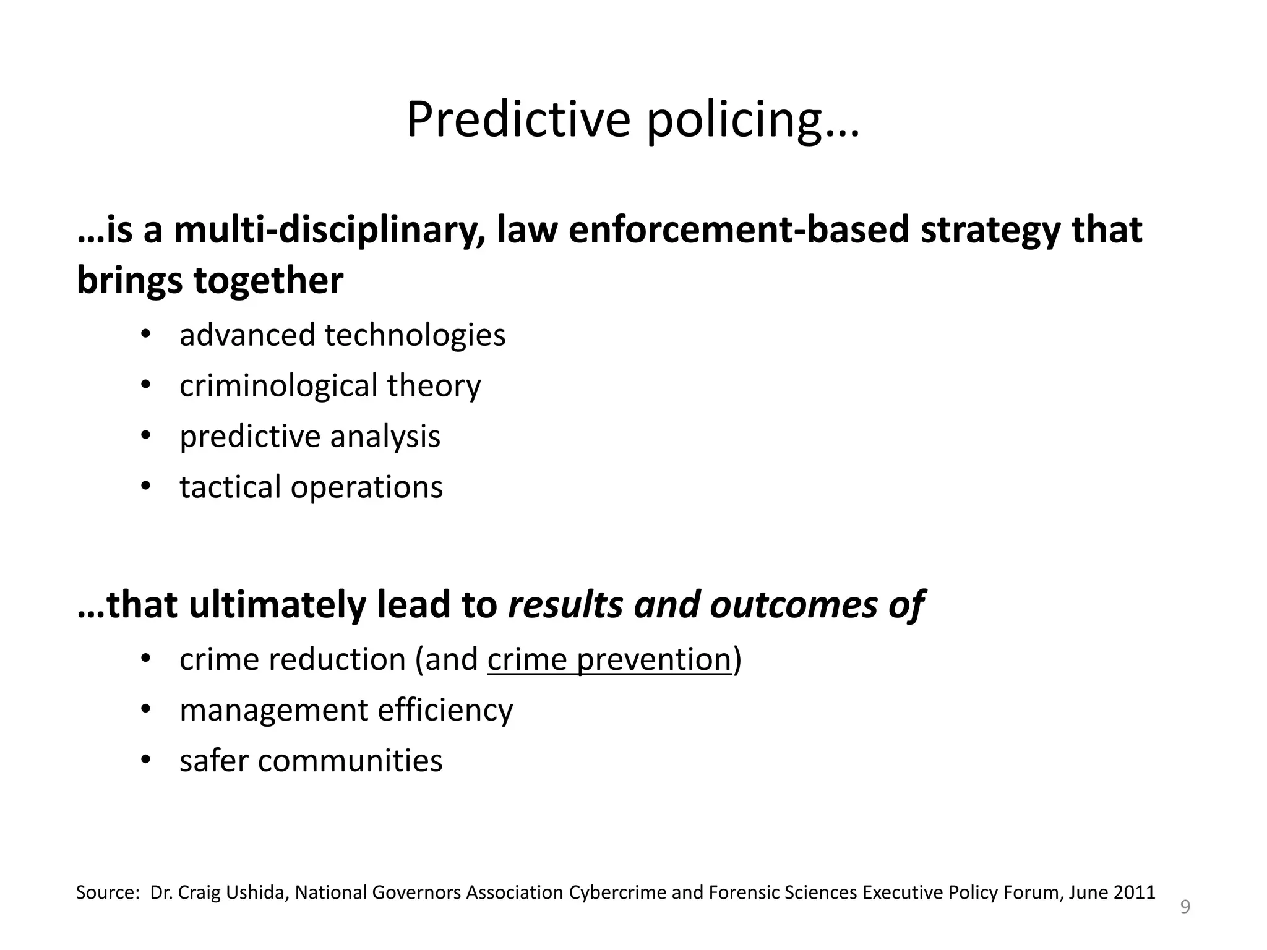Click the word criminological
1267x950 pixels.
point(278,386)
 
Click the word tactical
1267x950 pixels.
point(230,487)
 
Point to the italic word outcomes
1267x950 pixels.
point(794,604)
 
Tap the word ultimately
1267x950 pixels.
point(277,604)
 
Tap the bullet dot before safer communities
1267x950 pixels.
point(145,760)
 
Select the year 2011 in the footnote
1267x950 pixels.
point(1134,892)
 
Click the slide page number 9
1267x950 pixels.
point(1185,907)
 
